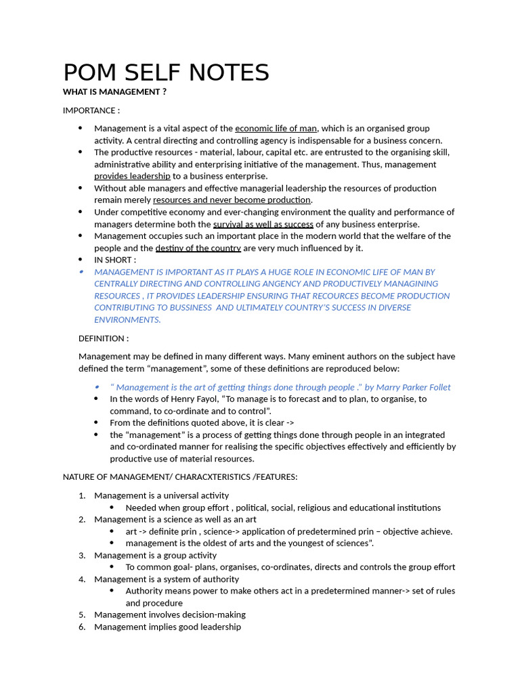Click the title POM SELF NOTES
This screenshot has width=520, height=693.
pyautogui.click(x=166, y=72)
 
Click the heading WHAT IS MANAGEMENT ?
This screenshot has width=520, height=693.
pyautogui.click(x=114, y=92)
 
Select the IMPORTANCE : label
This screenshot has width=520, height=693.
pyautogui.click(x=91, y=110)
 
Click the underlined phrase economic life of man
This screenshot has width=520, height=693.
pyautogui.click(x=276, y=129)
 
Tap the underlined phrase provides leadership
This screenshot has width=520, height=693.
pyautogui.click(x=132, y=176)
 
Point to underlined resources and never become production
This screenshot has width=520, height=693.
pyautogui.click(x=232, y=200)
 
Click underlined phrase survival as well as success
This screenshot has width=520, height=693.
pyautogui.click(x=263, y=224)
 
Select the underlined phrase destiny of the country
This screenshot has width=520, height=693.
pyautogui.click(x=198, y=248)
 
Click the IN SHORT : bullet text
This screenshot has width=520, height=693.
pyautogui.click(x=115, y=260)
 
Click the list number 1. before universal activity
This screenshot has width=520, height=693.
pyautogui.click(x=81, y=495)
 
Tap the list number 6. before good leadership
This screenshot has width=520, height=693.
pyautogui.click(x=81, y=627)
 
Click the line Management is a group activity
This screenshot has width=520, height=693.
pyautogui.click(x=155, y=556)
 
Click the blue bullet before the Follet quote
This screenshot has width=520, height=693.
pyautogui.click(x=97, y=386)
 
